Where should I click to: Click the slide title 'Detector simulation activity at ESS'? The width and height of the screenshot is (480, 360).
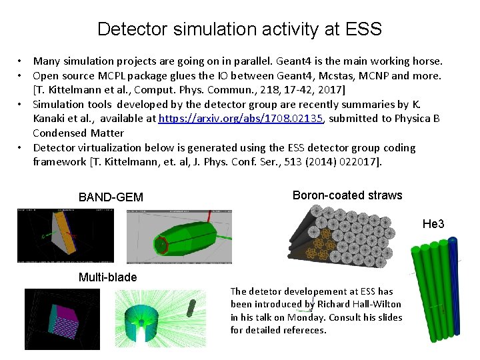pyautogui.click(x=239, y=29)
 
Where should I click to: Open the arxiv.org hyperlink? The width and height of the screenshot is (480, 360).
pyautogui.click(x=241, y=119)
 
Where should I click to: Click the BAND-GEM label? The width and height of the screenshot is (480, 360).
pyautogui.click(x=111, y=197)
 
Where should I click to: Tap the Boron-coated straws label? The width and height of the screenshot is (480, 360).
pyautogui.click(x=347, y=195)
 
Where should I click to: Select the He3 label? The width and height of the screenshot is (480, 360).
pyautogui.click(x=433, y=225)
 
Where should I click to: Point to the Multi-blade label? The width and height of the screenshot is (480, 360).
pyautogui.click(x=107, y=277)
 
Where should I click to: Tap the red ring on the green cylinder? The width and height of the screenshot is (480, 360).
pyautogui.click(x=161, y=245)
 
